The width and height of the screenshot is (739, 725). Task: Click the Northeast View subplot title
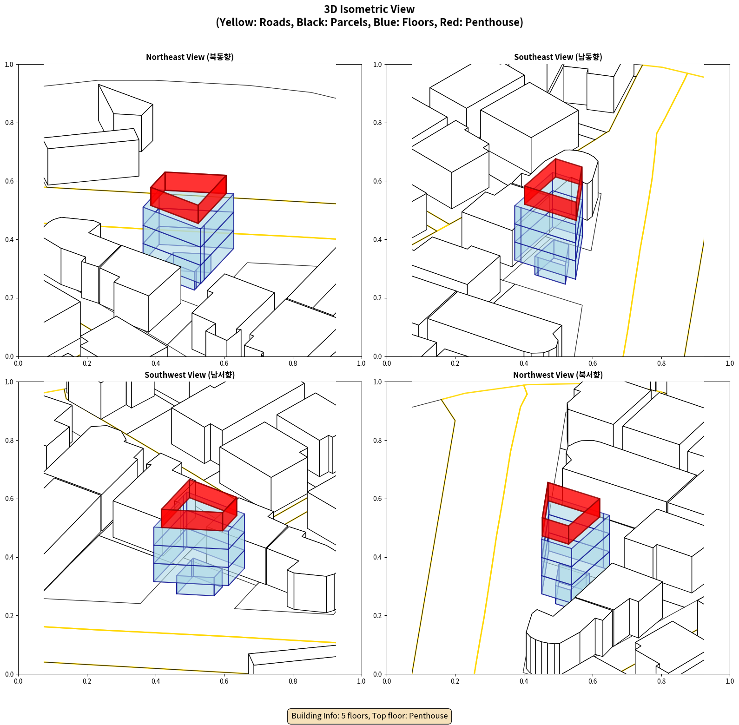click(x=190, y=57)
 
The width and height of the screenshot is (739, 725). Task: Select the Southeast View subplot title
click(x=558, y=57)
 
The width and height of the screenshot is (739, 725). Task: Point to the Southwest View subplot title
click(x=190, y=375)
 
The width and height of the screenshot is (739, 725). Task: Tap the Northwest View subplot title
click(x=558, y=375)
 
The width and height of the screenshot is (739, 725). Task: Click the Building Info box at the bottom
click(x=369, y=716)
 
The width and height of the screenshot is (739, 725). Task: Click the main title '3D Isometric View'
click(x=369, y=9)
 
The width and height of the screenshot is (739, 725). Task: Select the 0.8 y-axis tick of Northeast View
click(x=9, y=123)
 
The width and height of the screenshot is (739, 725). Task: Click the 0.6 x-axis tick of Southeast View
click(x=593, y=363)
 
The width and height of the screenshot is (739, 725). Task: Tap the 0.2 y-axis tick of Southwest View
click(x=9, y=616)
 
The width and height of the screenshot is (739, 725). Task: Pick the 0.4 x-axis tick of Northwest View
click(x=524, y=681)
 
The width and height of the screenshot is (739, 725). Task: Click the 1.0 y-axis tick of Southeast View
click(x=378, y=65)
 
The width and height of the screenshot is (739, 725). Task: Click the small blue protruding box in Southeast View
click(x=552, y=262)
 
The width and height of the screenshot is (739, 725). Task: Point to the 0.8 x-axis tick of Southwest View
click(x=293, y=681)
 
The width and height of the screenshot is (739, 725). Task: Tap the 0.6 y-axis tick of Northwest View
click(x=378, y=499)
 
